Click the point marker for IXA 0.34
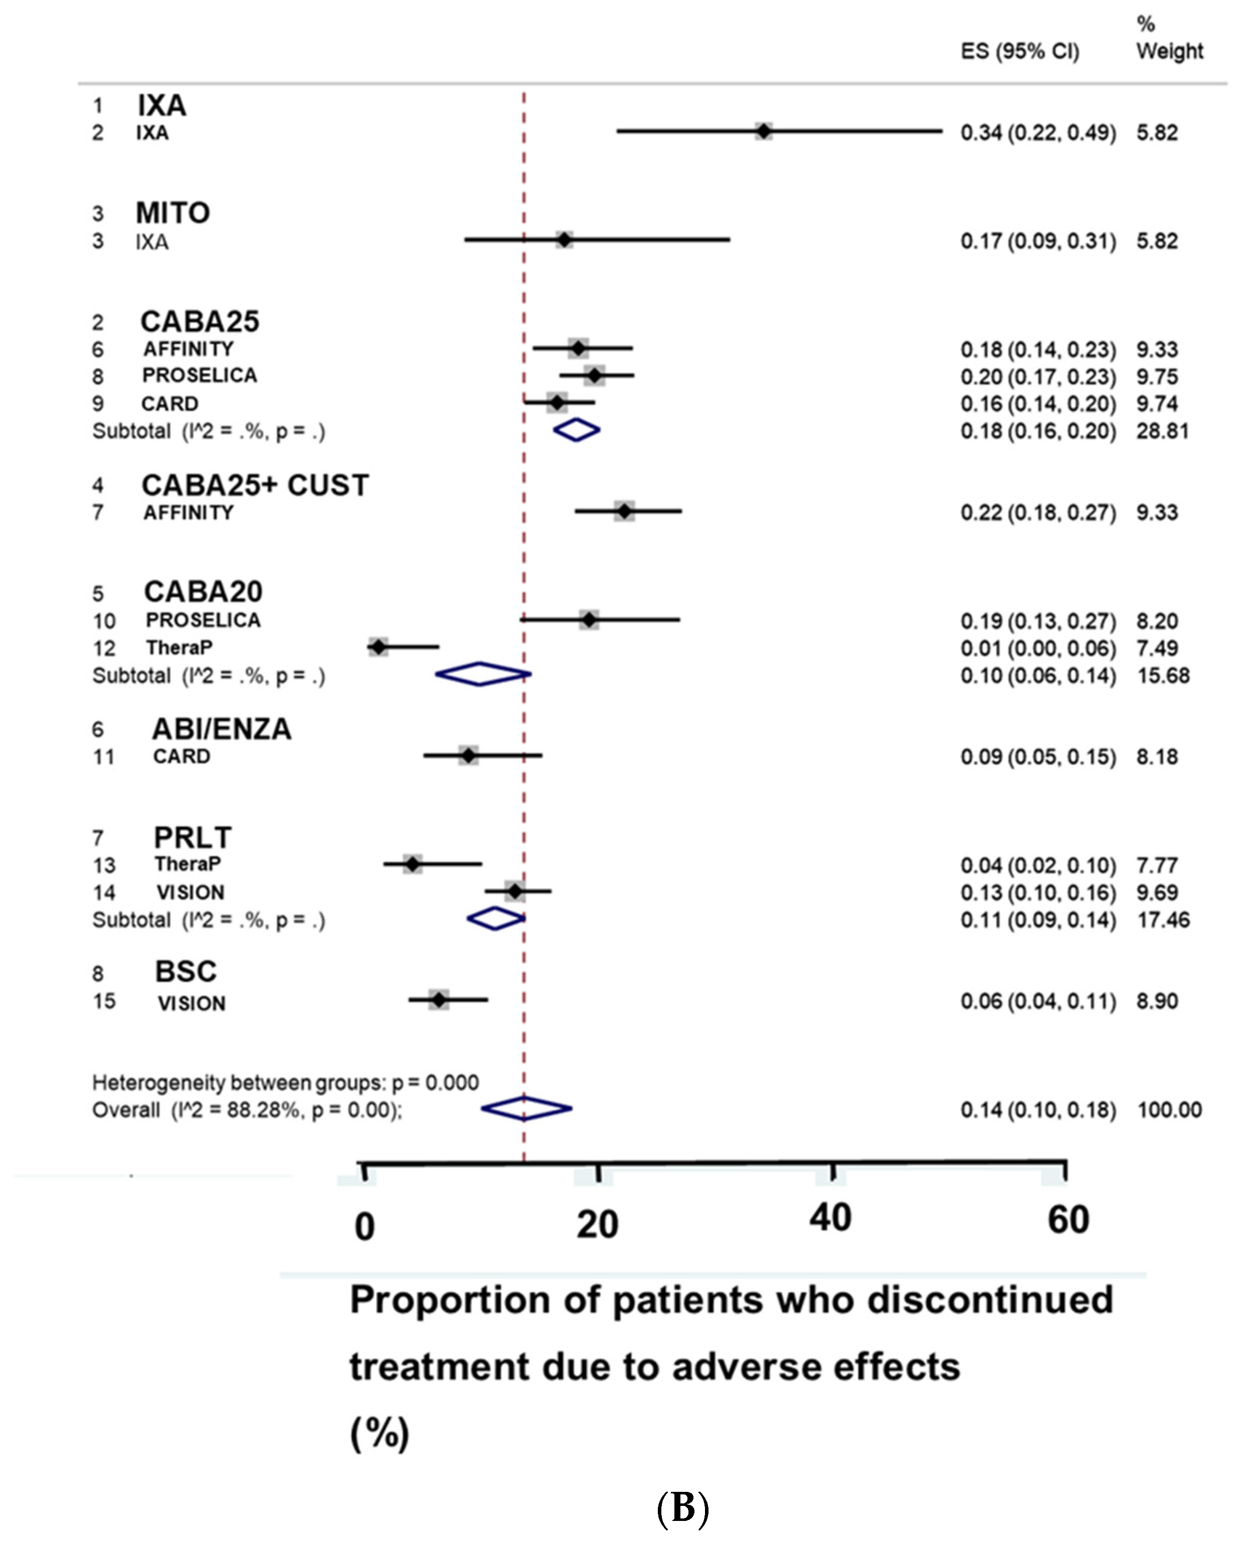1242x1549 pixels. click(763, 131)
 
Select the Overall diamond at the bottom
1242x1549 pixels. click(526, 1109)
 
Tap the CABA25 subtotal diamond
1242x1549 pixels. click(577, 430)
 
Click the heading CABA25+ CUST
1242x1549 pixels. click(255, 486)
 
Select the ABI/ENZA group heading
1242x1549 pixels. click(222, 729)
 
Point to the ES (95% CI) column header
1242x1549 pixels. click(1020, 52)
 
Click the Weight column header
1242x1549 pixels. click(1169, 52)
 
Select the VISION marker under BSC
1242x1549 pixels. click(439, 999)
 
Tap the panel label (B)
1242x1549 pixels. click(682, 1509)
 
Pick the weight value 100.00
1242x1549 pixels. click(1169, 1110)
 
